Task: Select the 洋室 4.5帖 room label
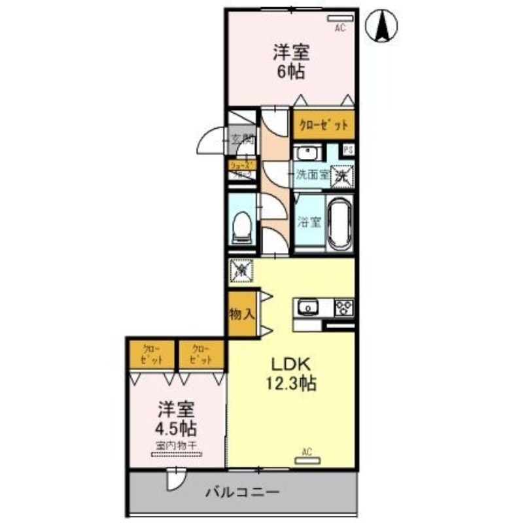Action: click(176, 419)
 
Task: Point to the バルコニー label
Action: click(245, 491)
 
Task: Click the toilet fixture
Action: click(243, 226)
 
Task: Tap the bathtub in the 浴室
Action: click(340, 224)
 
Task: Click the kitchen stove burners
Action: click(344, 306)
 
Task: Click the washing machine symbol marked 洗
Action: click(341, 174)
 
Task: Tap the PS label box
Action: click(349, 150)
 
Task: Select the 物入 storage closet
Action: click(241, 313)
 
